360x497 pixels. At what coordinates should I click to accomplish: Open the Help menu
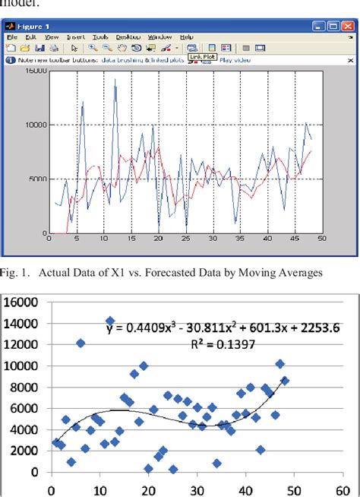coord(186,36)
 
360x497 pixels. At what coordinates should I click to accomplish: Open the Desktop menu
coord(128,36)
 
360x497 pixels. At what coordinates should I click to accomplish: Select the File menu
coord(11,36)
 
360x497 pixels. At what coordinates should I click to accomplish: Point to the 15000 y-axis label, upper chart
coord(35,71)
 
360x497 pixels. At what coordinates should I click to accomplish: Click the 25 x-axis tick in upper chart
coord(185,238)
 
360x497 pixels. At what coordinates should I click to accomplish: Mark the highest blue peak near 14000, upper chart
coord(115,79)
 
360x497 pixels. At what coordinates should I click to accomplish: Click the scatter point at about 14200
coord(110,321)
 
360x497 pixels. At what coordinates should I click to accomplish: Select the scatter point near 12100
coord(81,343)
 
